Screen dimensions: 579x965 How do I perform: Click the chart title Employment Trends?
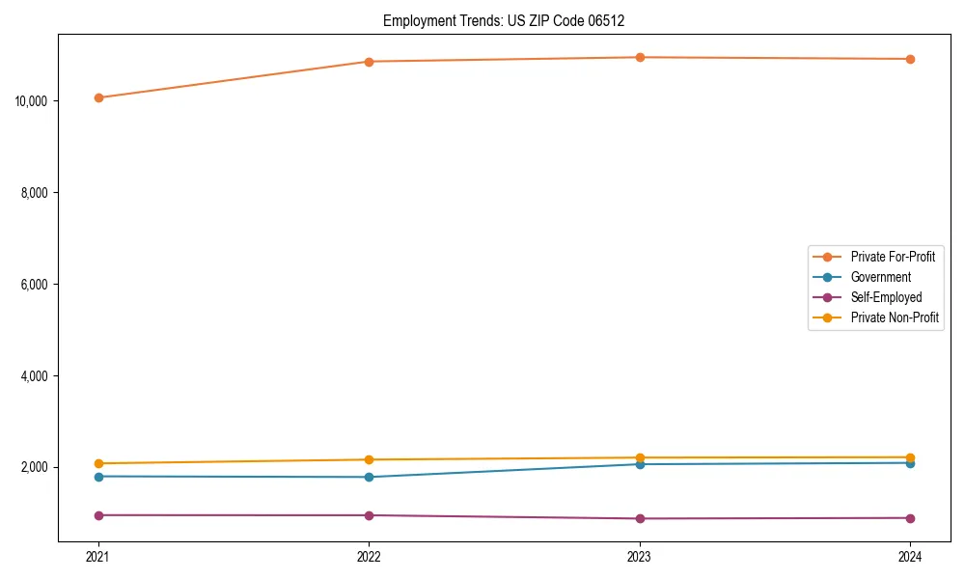pos(510,20)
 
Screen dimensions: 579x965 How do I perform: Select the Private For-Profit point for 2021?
pos(98,97)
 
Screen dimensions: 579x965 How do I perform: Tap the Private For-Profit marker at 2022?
pos(369,62)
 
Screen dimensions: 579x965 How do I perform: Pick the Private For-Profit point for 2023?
pos(640,57)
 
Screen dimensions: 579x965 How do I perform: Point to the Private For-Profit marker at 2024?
pos(910,59)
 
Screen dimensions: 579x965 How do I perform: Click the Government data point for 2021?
pos(98,477)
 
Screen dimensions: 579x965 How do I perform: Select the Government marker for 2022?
pos(369,477)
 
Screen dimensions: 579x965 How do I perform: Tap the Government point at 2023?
pos(640,464)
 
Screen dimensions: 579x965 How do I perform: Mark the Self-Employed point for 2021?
pos(98,515)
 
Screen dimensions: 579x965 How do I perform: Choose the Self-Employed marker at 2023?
pos(640,519)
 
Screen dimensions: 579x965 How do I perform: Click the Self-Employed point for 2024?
pos(910,518)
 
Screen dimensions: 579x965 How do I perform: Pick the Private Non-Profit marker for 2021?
pos(98,463)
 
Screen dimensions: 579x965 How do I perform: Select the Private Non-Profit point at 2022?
pos(369,459)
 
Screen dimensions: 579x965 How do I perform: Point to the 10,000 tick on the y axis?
pos(34,101)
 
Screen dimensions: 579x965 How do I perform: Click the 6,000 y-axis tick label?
pos(37,285)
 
